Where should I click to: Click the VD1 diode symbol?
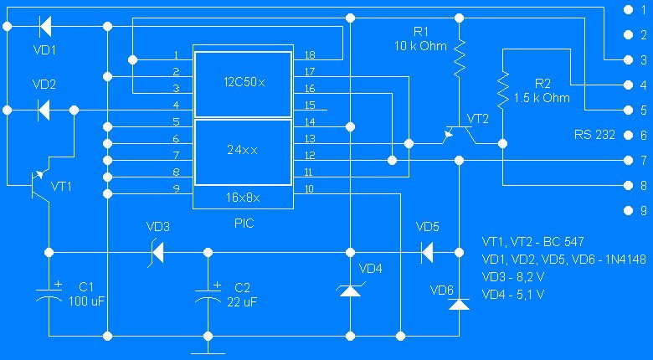click(44, 26)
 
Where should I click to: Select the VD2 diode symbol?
click(44, 109)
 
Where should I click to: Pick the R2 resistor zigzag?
click(502, 90)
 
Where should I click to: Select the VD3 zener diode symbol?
click(154, 251)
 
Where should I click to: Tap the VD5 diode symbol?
click(426, 251)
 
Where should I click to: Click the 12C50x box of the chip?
click(243, 83)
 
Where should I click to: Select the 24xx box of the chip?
click(243, 152)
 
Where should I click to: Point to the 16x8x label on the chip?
click(243, 198)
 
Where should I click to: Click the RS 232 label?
click(593, 134)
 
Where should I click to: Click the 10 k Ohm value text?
click(420, 46)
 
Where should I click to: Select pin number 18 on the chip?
click(309, 55)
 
